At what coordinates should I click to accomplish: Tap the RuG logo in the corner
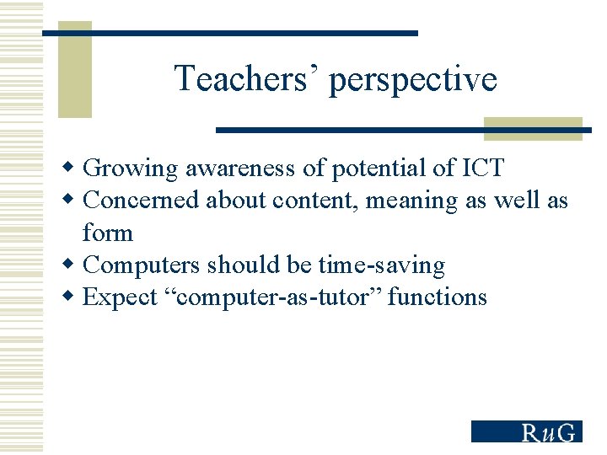[x=526, y=431]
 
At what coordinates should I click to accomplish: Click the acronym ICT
[x=483, y=168]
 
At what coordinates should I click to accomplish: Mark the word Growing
[x=132, y=169]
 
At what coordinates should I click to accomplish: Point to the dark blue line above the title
[x=230, y=33]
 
